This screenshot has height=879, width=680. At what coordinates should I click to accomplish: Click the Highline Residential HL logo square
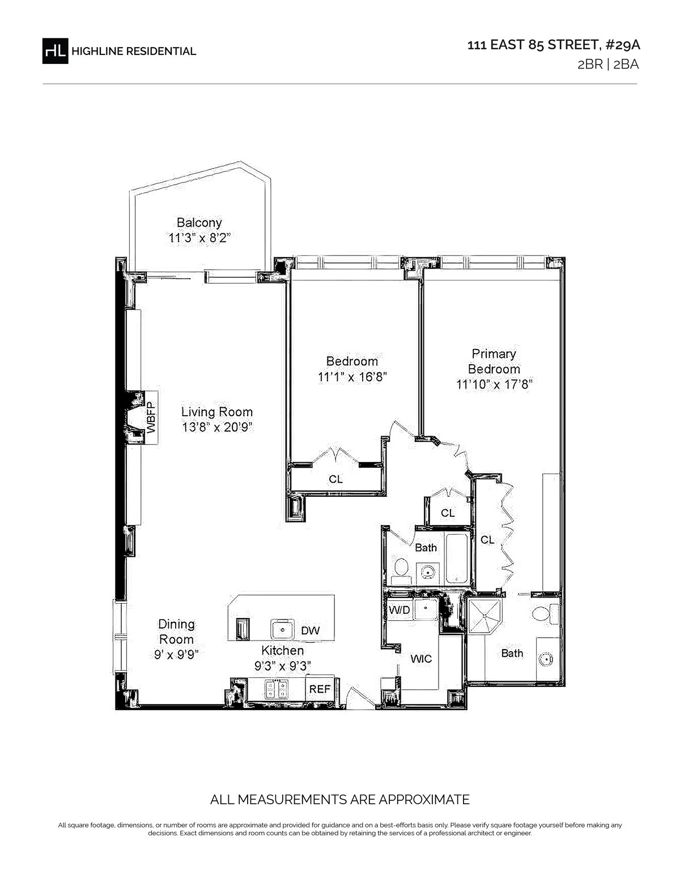(55, 51)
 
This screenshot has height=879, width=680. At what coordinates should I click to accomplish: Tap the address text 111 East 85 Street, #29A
(554, 45)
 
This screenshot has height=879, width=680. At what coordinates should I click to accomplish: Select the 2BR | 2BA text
(608, 65)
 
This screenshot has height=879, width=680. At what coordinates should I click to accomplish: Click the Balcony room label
(199, 223)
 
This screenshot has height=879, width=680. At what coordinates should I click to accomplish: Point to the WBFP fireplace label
(151, 418)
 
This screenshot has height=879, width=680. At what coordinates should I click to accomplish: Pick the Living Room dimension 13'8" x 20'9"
(217, 427)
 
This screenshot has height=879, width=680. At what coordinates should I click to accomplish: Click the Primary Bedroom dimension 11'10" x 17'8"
(494, 384)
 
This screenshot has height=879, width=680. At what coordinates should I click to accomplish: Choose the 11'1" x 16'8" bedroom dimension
(352, 377)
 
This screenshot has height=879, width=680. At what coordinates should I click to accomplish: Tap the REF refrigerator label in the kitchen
(320, 689)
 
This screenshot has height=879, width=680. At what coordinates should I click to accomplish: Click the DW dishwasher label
(311, 630)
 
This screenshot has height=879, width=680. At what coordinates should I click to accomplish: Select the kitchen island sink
(282, 629)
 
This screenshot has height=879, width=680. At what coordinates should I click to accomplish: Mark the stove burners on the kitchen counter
(277, 689)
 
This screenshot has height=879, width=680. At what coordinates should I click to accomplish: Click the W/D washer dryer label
(399, 609)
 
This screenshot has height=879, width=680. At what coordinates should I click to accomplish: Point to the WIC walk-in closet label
(421, 659)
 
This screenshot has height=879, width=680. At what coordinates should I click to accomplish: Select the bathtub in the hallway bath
(457, 558)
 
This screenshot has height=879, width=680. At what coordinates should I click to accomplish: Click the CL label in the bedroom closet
(336, 479)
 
